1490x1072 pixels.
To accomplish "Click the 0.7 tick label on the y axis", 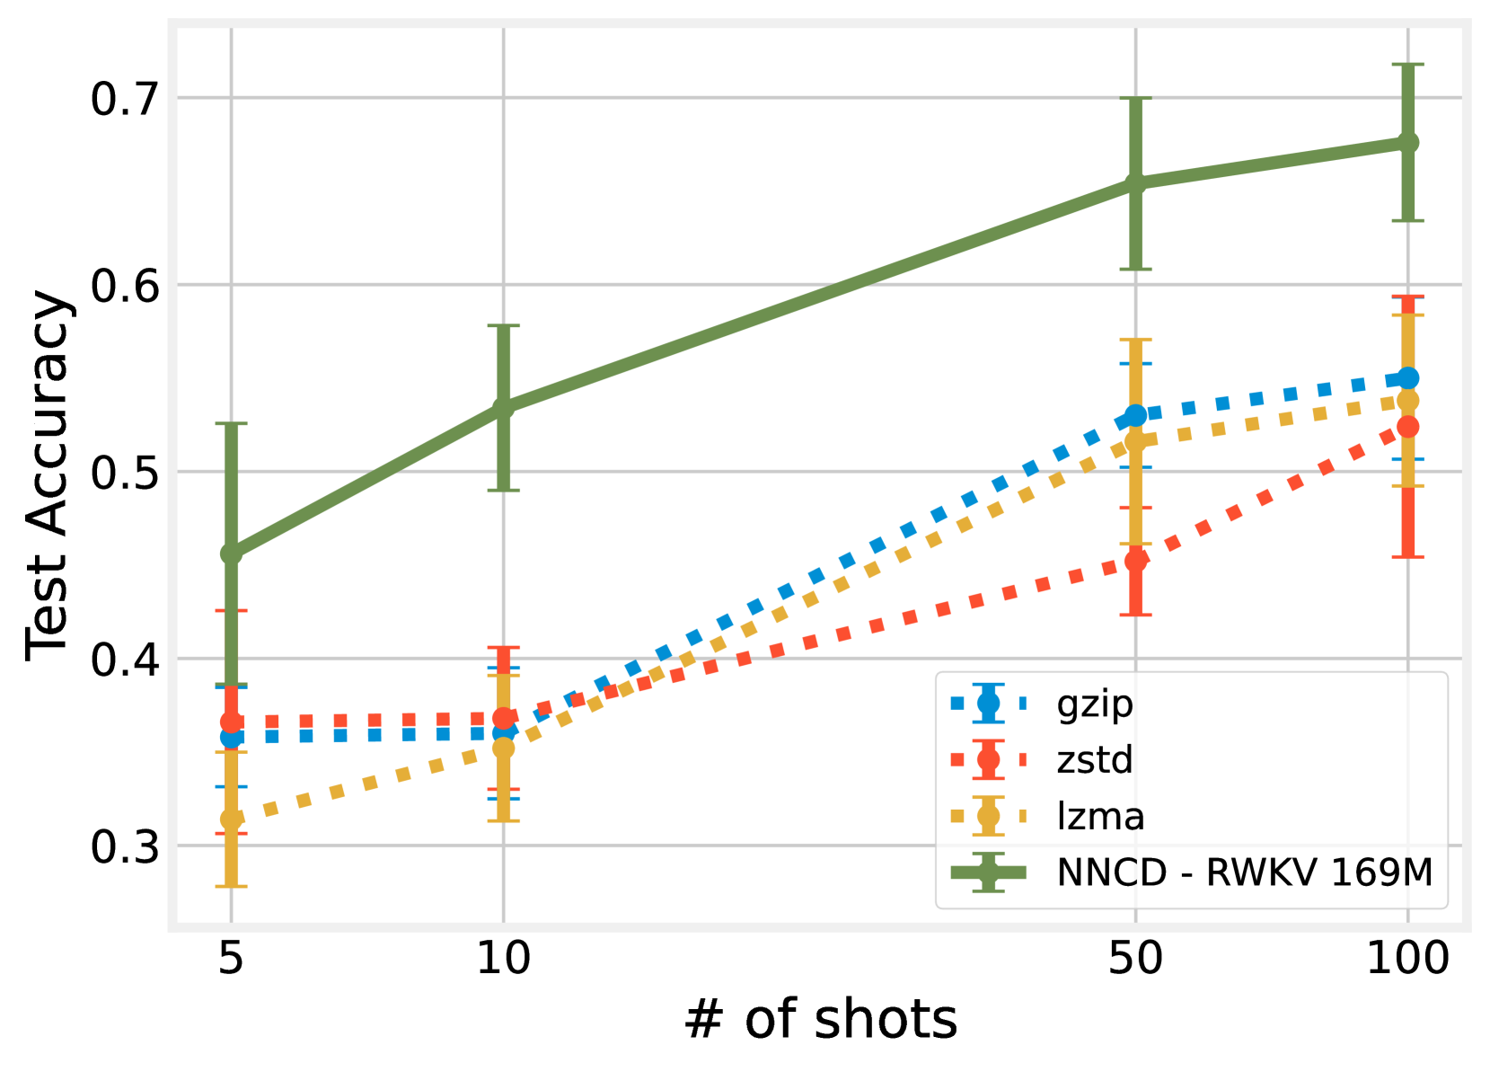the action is click(124, 99).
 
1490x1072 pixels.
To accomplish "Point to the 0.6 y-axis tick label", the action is click(124, 286).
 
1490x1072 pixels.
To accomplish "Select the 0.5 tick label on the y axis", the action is click(124, 474).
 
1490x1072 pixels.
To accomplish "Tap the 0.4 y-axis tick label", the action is click(124, 660).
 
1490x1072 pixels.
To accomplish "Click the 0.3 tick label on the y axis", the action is click(124, 847).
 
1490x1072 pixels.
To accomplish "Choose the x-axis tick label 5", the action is click(231, 959).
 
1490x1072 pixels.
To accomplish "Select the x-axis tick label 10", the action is click(504, 959).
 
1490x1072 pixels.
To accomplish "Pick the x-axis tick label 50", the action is click(1135, 959).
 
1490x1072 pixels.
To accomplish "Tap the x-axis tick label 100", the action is click(1407, 959).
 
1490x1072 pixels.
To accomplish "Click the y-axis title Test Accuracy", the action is click(47, 476).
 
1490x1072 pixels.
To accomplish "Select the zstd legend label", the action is click(1095, 760).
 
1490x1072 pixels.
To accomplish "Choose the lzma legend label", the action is click(1101, 816).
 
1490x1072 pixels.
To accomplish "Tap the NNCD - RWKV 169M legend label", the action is click(1245, 873).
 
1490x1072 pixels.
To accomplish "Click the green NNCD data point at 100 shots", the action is click(1407, 142).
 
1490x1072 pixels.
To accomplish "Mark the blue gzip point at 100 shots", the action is click(1407, 378).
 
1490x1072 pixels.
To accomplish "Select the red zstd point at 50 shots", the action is click(1135, 561).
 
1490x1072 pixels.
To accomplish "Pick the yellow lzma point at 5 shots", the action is click(231, 819).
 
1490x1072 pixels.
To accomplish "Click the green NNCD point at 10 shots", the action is click(504, 406).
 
